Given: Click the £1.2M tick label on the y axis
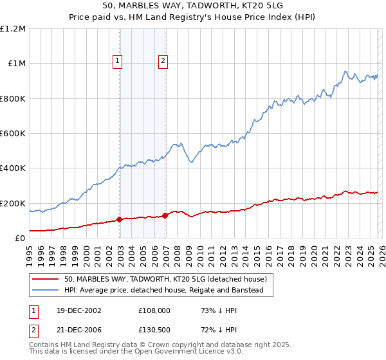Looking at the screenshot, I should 13,29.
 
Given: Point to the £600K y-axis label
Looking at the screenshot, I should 13,134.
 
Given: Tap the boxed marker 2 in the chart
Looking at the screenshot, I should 163,61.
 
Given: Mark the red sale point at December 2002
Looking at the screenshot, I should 119,219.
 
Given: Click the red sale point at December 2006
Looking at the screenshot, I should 165,215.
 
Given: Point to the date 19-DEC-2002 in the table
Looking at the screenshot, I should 73,310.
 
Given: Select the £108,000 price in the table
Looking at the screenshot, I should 154,310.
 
